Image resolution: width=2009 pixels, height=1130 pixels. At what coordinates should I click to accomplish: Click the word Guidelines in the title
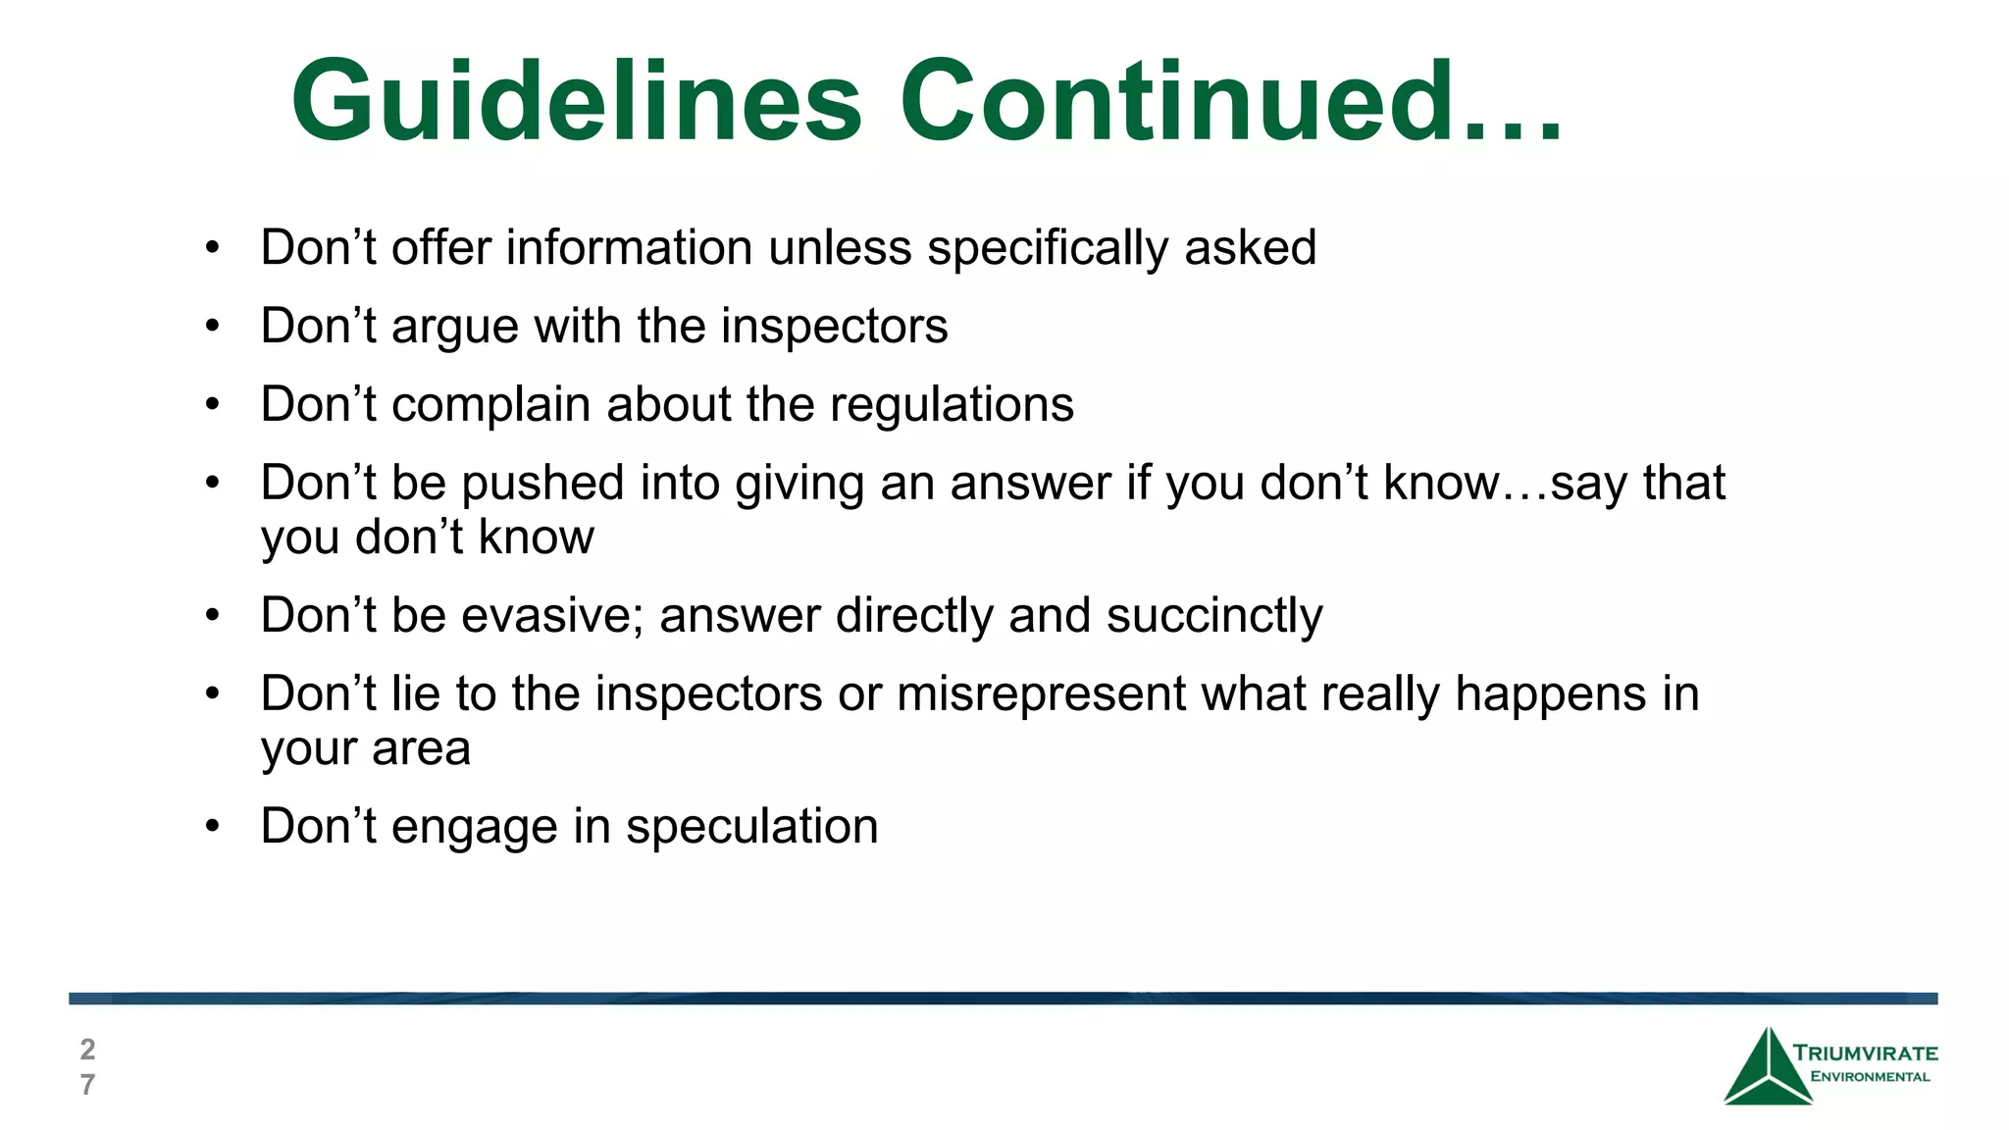point(577,101)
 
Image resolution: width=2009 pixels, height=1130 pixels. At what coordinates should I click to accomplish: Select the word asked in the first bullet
point(1250,247)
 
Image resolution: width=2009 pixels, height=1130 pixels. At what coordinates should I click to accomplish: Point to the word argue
point(454,327)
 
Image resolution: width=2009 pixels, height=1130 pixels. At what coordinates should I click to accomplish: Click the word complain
point(489,405)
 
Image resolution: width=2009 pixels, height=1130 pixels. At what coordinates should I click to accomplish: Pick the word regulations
point(952,404)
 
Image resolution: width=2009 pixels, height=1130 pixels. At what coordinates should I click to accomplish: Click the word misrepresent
point(1041,694)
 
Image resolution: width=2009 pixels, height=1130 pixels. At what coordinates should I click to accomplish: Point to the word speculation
point(751,827)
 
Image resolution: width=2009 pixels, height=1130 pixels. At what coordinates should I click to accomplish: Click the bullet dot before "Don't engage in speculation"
point(213,826)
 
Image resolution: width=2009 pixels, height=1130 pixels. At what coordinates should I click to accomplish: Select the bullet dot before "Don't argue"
point(213,326)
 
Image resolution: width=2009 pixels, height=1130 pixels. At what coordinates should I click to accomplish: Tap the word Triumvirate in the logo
point(1865,1053)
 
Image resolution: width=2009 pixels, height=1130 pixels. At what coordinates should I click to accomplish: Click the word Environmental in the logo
point(1870,1077)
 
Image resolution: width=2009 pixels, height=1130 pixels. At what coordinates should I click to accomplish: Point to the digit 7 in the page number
point(87,1085)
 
